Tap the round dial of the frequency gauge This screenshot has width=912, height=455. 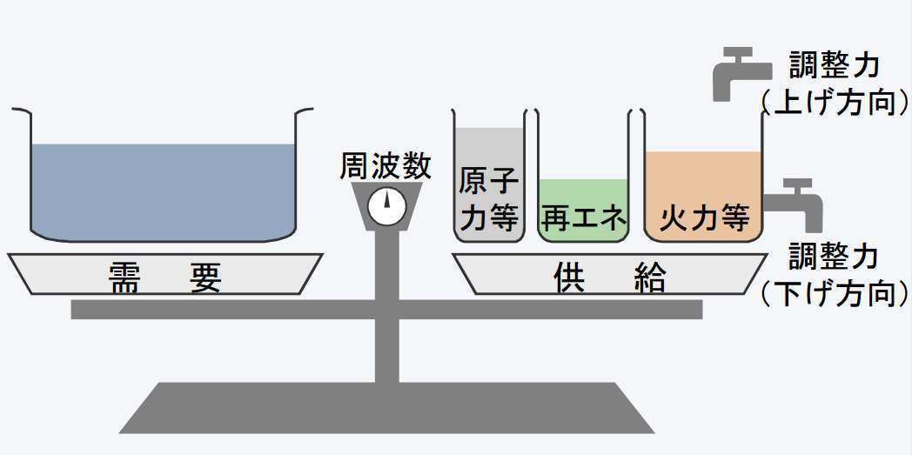tap(386, 206)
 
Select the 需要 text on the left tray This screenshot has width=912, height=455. tap(165, 278)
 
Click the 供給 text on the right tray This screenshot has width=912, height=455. tap(610, 278)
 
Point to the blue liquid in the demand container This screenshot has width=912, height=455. tap(161, 187)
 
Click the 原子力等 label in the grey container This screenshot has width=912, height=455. tap(489, 200)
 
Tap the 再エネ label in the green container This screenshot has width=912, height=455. tap(583, 217)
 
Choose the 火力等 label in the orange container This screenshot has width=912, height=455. tap(704, 217)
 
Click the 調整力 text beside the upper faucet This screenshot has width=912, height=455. tap(835, 65)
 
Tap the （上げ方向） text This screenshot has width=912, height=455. tap(835, 103)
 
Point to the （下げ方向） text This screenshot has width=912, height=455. tap(835, 294)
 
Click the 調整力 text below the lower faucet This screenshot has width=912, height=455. tap(835, 257)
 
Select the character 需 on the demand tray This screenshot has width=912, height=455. tap(126, 278)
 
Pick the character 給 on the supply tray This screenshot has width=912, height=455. tap(650, 278)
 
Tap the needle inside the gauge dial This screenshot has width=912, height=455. tap(386, 202)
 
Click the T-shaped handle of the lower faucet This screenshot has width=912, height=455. tap(796, 184)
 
